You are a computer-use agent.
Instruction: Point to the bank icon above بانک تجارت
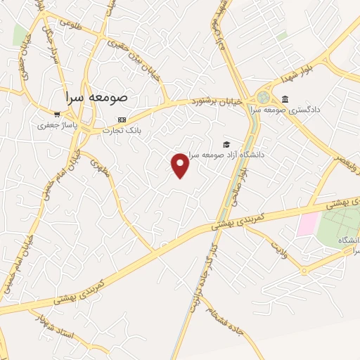(x=122, y=120)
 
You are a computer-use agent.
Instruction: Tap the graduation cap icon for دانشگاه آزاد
(x=226, y=144)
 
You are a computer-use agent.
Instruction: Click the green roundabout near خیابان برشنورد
(x=264, y=98)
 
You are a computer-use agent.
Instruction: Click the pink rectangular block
(x=307, y=225)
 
